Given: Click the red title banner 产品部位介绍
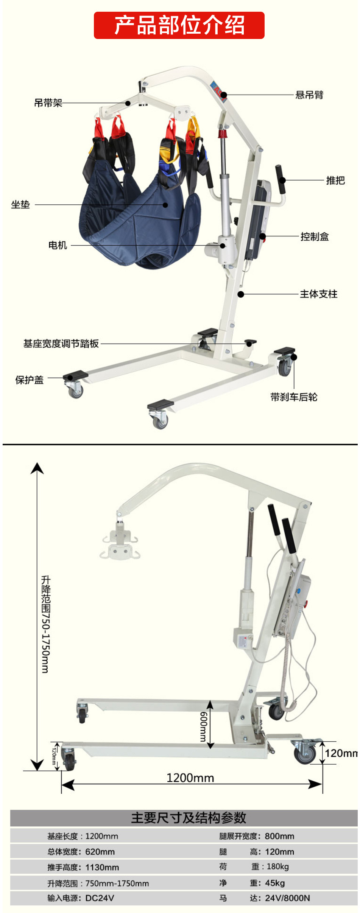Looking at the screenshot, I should point(179,25).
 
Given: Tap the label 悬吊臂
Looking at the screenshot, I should point(309,95).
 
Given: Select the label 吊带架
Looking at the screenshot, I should point(48,103).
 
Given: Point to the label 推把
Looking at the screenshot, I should point(335,180).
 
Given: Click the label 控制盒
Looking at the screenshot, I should point(315,237).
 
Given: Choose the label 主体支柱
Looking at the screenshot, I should point(318,294).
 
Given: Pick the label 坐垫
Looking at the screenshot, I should point(20,205).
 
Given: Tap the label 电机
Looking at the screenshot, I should point(58,246).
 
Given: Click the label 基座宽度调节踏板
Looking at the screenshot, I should point(61,344).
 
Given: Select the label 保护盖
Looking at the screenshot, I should point(29,380).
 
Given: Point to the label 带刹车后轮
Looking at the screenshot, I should point(294,397).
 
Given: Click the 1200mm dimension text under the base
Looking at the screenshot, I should point(190,778).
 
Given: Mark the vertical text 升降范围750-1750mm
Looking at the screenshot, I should point(45,624).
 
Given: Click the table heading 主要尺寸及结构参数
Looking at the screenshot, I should point(189,818).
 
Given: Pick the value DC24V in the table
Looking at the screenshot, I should point(100,898).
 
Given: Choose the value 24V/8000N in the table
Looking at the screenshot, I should point(287,898).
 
